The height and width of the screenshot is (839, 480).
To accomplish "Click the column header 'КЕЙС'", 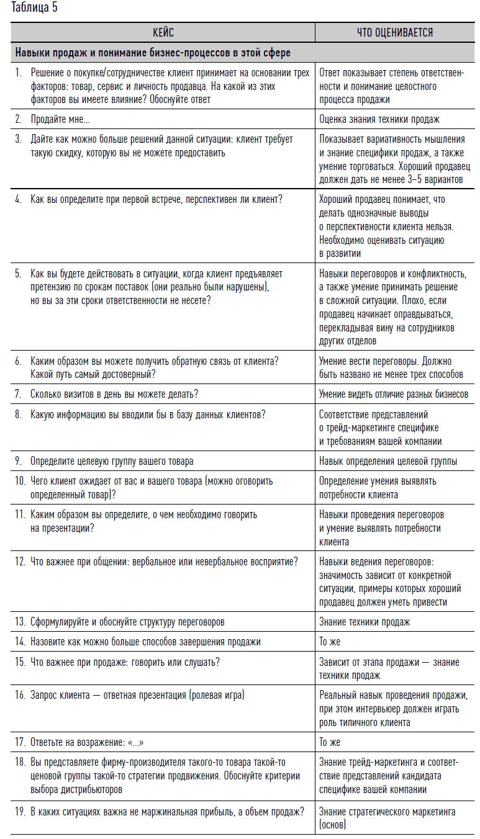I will coord(163,32).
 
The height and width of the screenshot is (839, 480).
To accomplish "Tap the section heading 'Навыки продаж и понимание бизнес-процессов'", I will coord(153,53).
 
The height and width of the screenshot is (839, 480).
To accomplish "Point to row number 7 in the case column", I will coord(19,393).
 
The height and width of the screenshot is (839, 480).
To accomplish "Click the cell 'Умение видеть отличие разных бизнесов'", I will coord(394,393).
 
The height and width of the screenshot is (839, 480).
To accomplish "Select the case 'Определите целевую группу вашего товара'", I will coord(112,460).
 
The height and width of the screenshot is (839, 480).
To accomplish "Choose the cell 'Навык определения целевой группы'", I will coord(388,460).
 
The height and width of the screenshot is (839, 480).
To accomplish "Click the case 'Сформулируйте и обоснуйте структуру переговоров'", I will coord(127,621).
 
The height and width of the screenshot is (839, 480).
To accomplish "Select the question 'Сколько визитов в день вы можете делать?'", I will coord(114,393).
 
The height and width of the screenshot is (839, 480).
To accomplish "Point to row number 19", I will coord(20,810).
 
